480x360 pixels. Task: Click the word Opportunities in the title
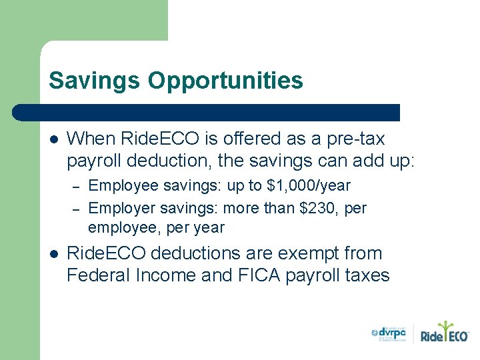tap(225, 81)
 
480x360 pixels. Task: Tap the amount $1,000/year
tap(309, 185)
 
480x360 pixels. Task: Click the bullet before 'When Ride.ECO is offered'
tap(54, 140)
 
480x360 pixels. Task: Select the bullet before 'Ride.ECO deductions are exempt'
tap(54, 255)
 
